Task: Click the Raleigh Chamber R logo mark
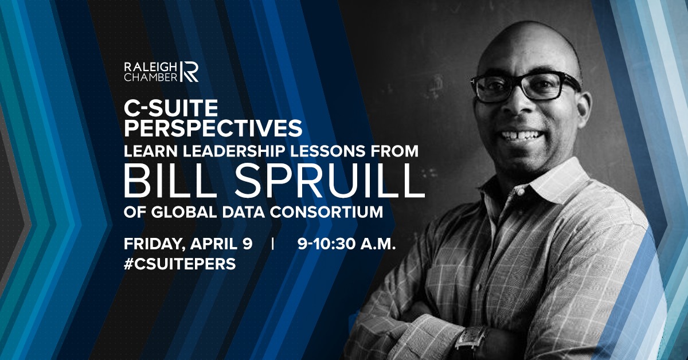189,72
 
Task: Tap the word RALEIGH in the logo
150,67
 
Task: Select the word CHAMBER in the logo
150,77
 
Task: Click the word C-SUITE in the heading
171,108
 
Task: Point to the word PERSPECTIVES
213,128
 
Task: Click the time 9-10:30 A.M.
346,244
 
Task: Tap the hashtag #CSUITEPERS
179,264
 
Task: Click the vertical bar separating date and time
273,244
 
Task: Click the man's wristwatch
471,342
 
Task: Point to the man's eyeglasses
526,86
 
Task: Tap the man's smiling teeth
521,135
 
